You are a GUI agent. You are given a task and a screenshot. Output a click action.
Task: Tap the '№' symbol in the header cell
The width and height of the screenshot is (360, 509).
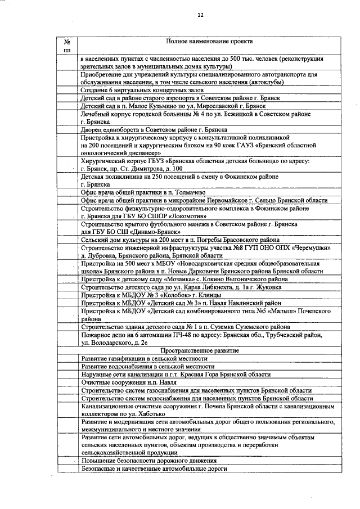click(x=67, y=42)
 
